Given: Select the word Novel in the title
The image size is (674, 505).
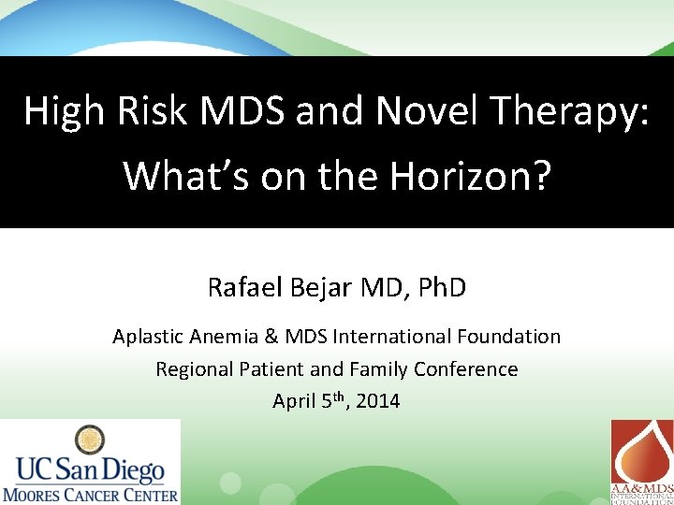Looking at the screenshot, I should click(424, 110).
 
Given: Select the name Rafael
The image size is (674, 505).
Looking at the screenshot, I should click(245, 287).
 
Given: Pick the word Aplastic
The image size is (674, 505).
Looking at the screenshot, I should click(148, 337).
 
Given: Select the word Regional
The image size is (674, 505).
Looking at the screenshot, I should click(193, 369).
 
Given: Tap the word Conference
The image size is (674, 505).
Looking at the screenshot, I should click(465, 369).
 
